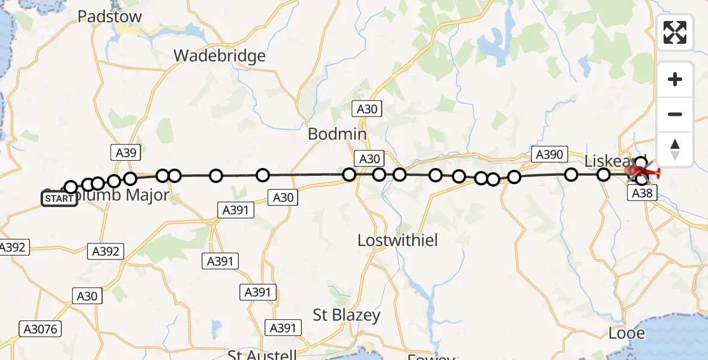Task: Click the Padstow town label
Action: pos(110,16)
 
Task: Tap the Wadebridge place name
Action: pos(220,56)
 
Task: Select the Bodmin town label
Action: pos(337,134)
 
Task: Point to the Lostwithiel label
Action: pos(398,241)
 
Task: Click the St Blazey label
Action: pos(347,315)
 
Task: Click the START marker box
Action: pos(59,199)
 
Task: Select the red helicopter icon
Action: pos(643,173)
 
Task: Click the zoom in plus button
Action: pos(675,79)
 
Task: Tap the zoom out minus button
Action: pos(675,114)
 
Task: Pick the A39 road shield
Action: pos(125,152)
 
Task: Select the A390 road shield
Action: pos(549,154)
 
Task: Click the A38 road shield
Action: pos(639,193)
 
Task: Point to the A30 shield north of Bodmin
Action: pos(367,109)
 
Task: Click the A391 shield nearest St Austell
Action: pos(283,328)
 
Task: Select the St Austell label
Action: pos(262,355)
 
